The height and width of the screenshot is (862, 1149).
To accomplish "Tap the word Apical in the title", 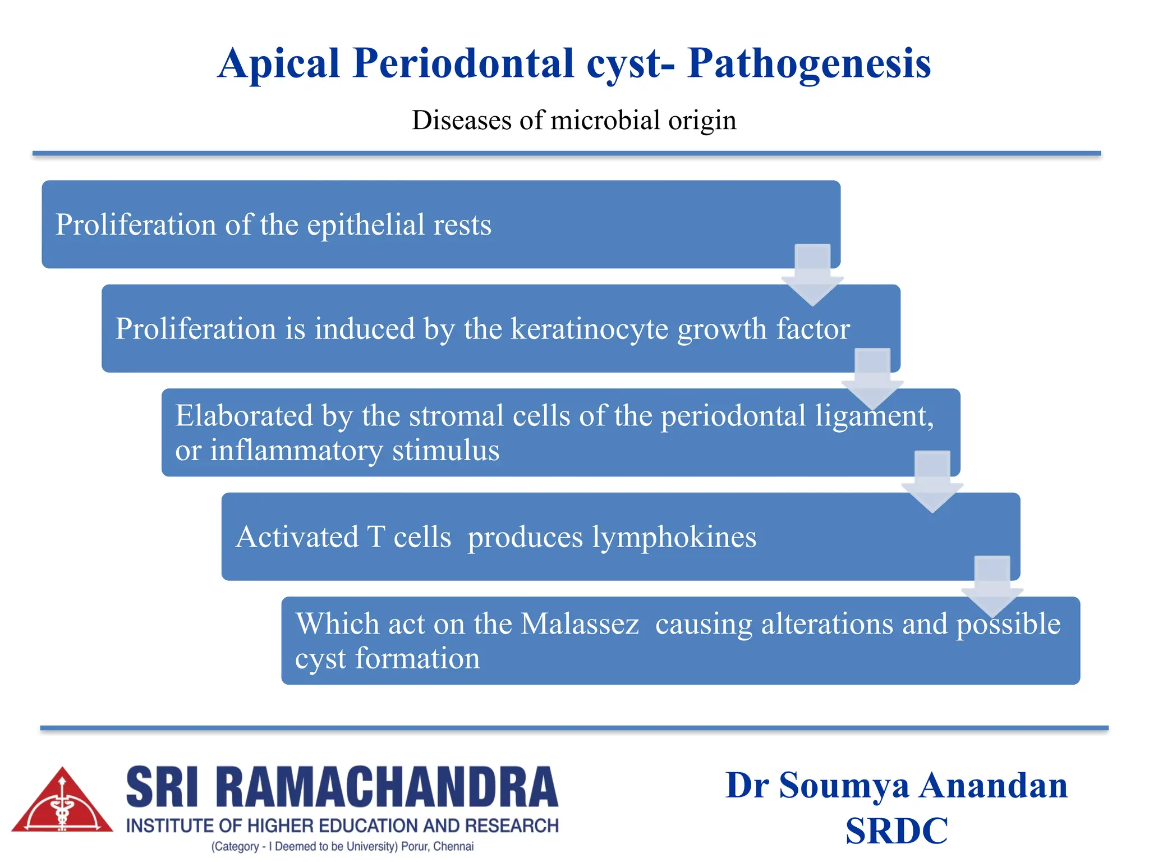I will (x=279, y=64).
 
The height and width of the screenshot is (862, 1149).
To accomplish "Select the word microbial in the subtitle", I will (x=605, y=120).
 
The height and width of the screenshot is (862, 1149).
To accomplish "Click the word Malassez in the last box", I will (x=580, y=624).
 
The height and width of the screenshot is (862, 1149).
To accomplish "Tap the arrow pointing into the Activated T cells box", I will (x=932, y=482).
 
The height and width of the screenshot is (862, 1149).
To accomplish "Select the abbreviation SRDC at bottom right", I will (x=896, y=831).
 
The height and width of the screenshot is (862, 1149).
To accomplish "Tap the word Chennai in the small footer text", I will (x=453, y=846).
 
